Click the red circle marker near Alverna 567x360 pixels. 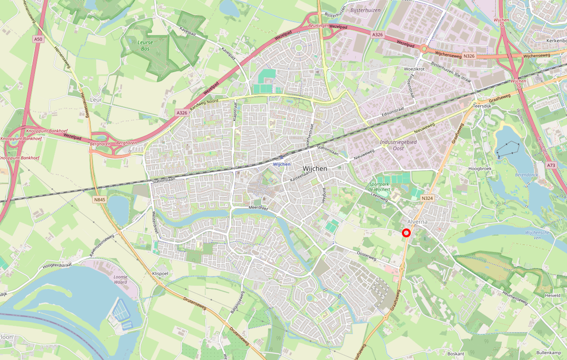click(x=406, y=233)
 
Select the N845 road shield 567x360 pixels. click(x=100, y=199)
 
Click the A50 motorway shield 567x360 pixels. click(x=37, y=39)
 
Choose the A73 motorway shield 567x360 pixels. click(x=551, y=165)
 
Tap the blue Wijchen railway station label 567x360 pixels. click(x=281, y=164)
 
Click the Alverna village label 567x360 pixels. click(x=417, y=223)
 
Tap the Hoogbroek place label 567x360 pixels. click(x=479, y=168)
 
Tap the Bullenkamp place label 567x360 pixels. click(x=549, y=352)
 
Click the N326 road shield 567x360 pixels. click(x=470, y=56)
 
